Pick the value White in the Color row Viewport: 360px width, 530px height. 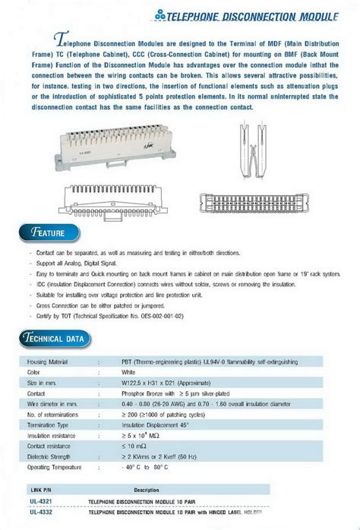(x=128, y=373)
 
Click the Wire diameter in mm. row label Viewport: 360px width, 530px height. (x=54, y=405)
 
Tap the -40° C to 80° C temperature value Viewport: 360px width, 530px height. (x=147, y=468)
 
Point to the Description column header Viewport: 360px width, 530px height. (x=147, y=490)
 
